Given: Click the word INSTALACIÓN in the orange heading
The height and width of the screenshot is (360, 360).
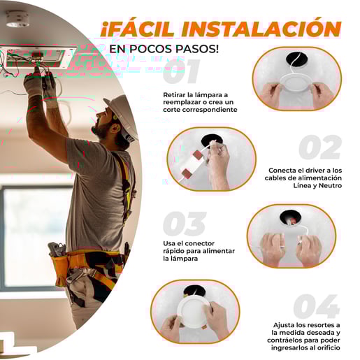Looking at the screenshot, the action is click(261, 29).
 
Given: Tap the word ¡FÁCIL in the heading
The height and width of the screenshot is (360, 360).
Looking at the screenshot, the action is click(138, 29).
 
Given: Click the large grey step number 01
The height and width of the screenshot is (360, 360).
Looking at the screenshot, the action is click(181, 71).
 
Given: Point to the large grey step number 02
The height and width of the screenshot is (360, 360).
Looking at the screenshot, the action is click(320, 147).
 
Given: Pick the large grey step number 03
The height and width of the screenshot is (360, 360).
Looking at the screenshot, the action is click(185, 224).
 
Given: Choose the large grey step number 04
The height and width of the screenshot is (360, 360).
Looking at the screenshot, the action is click(316, 306).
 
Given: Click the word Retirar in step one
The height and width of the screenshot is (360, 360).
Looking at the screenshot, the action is click(175, 95).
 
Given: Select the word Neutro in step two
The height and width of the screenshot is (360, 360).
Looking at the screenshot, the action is click(330, 185).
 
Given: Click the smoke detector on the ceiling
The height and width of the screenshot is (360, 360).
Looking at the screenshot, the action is click(17, 19).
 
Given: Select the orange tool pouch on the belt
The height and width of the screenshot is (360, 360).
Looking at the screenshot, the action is click(61, 268).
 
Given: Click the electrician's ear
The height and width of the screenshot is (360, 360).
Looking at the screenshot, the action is click(115, 128).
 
